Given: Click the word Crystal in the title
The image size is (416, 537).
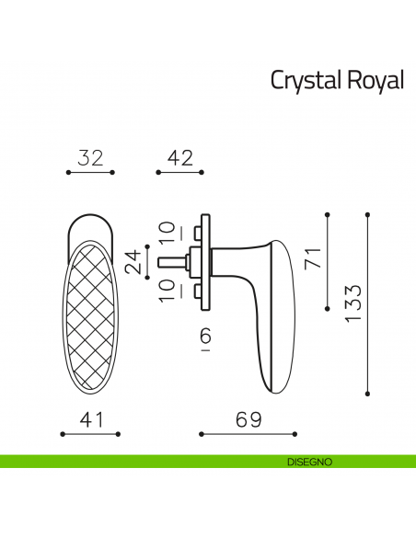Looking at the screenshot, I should [x=305, y=81].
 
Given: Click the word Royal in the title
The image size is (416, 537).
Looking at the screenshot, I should [x=376, y=81].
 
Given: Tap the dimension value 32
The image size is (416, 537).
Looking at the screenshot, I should [x=90, y=157].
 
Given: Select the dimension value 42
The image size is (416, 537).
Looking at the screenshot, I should [x=179, y=157].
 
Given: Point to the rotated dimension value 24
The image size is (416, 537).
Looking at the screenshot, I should [x=134, y=262].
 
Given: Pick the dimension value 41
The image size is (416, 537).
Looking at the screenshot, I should [x=90, y=419].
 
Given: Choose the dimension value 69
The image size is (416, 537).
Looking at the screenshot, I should [x=249, y=419].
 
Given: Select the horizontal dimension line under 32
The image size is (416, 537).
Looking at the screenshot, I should [x=90, y=172].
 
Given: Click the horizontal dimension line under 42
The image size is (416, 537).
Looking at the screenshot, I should [x=179, y=172].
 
